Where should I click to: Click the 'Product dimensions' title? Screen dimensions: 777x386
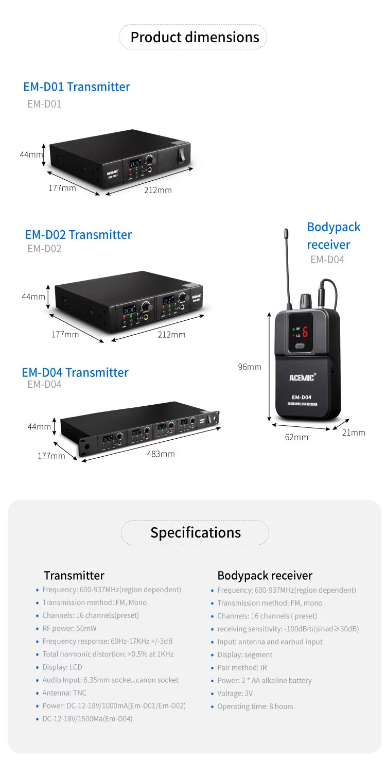[x=195, y=37]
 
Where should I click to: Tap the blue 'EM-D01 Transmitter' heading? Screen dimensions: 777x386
[x=77, y=87]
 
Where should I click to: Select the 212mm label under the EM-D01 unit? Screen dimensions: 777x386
[x=158, y=190]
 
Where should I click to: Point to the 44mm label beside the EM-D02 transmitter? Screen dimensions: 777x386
[x=33, y=297]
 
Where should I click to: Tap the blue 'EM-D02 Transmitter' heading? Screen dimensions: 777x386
[x=78, y=234]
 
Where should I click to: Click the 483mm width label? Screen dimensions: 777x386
[x=161, y=454]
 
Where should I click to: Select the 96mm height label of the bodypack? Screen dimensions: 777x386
[x=250, y=367]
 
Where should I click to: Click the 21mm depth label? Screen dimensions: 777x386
[x=354, y=433]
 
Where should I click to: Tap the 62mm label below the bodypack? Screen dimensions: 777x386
[x=297, y=437]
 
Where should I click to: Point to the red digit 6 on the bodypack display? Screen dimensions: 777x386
[x=305, y=332]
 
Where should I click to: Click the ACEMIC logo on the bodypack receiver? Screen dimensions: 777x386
[x=302, y=377]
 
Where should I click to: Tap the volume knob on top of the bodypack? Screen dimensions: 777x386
[x=305, y=300]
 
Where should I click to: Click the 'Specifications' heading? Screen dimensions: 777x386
[x=195, y=532]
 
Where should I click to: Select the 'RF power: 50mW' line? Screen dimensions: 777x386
[x=69, y=628]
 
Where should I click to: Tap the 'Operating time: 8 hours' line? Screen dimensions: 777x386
[x=255, y=706]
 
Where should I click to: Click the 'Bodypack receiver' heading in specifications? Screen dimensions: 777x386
[x=265, y=575]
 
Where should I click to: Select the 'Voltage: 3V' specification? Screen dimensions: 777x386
[x=235, y=693]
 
